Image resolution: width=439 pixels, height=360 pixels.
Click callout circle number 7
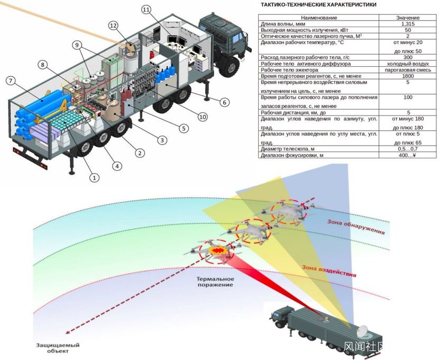[10, 80]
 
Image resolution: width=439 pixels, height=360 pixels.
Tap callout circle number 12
[113, 25]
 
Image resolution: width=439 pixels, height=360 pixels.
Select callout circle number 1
[94, 178]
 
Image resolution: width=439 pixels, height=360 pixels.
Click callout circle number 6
[224, 102]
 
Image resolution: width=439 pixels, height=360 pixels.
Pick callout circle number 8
[43, 65]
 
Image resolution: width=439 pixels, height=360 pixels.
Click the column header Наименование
[318, 17]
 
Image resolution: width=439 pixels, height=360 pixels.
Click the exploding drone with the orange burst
[216, 250]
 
